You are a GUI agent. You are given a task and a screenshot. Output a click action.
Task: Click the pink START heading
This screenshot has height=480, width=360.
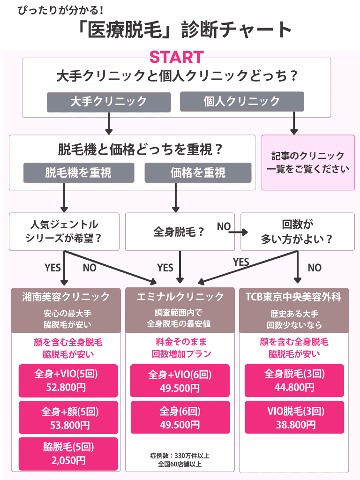(x=177, y=57)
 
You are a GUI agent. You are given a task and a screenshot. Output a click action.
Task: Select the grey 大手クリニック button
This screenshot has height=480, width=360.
(x=109, y=102)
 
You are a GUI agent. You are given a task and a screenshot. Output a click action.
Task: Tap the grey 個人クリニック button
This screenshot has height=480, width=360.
(x=242, y=101)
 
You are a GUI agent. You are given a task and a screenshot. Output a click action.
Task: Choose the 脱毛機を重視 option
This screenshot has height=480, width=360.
(x=79, y=172)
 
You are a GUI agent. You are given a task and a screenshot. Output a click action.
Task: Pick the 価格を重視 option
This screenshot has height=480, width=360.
(x=198, y=172)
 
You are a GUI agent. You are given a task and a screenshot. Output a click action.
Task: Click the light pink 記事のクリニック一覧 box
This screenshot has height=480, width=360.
(x=308, y=163)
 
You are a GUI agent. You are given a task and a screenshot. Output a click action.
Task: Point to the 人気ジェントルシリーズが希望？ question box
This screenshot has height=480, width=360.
(x=64, y=232)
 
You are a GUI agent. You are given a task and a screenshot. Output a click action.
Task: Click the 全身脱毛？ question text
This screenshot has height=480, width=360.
(x=179, y=232)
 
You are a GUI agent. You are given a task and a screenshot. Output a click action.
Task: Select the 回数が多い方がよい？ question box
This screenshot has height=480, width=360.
(x=298, y=232)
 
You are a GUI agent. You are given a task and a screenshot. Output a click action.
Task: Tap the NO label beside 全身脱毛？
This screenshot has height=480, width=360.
(x=224, y=226)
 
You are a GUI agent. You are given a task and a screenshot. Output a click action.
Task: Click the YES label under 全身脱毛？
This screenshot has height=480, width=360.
(x=165, y=268)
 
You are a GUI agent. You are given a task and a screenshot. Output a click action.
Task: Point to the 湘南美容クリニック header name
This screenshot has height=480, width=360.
(x=66, y=297)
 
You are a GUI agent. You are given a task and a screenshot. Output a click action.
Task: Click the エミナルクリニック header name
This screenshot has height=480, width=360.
(x=180, y=297)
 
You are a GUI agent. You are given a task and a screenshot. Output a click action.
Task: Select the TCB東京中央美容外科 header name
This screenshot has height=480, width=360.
(x=293, y=297)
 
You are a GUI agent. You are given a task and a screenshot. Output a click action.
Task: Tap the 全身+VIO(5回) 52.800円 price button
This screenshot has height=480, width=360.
(x=68, y=381)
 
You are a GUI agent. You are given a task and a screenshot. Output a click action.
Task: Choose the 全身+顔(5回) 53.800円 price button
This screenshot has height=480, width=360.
(x=68, y=418)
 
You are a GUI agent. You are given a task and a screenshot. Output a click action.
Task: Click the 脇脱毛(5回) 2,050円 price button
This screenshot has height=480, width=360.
(x=68, y=454)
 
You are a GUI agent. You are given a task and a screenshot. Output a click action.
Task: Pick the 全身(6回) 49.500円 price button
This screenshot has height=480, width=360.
(x=180, y=417)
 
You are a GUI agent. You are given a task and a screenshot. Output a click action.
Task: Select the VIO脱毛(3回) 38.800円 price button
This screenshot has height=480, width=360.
(x=294, y=417)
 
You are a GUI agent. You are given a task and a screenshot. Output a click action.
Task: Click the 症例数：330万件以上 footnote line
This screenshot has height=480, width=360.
(x=180, y=456)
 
